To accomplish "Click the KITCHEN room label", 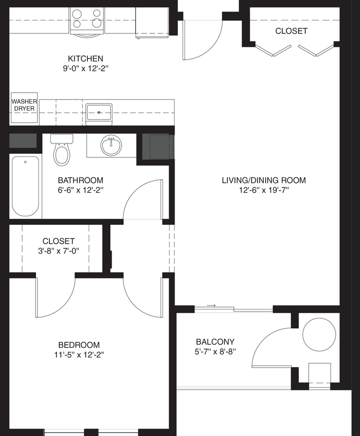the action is [85, 59].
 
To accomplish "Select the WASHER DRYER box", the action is [24, 108].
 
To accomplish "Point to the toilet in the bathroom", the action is [61, 150].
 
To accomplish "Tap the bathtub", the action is [25, 186].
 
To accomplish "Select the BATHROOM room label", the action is [80, 180].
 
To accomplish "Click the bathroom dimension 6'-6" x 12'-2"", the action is [81, 190].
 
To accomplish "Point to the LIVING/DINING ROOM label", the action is [264, 180].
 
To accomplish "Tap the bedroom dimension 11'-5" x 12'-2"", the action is [79, 355].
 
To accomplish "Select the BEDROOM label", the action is [79, 345].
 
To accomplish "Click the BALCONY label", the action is [215, 342].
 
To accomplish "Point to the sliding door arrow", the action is [211, 305].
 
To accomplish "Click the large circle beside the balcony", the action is [319, 334].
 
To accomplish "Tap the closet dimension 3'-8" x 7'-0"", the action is [58, 251].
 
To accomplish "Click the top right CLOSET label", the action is [291, 31].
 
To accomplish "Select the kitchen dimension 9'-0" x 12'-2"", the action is [85, 69].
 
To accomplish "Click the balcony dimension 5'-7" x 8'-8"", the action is [215, 352].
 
